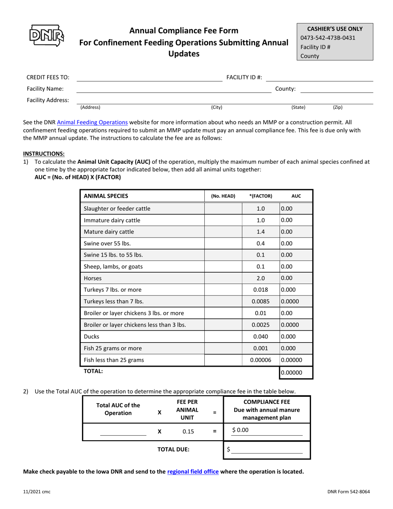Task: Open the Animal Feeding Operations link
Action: pos(92,122)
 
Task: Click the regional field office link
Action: pos(193,471)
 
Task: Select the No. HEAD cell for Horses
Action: pos(223,279)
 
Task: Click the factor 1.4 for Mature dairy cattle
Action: pos(261,232)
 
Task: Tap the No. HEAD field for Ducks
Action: pos(223,336)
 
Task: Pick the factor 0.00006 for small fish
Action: pos(261,360)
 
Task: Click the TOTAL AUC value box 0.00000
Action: pos(296,372)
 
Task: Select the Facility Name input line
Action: pos(174,89)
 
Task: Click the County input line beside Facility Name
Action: pos(336,89)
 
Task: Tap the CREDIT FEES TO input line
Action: pos(149,78)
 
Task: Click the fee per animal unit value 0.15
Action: pos(188,432)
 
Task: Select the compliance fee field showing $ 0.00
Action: pos(266,430)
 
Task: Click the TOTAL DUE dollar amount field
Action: pos(266,450)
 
